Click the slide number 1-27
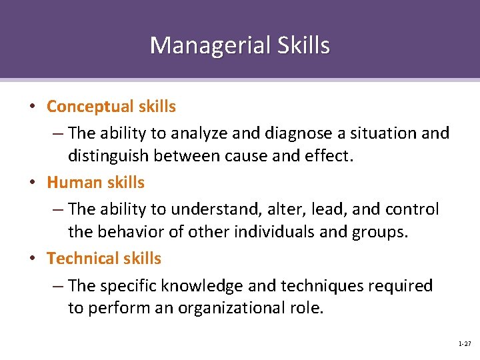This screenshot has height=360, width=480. point(465,343)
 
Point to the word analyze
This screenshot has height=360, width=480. point(196,133)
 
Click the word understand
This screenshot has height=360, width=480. point(213,209)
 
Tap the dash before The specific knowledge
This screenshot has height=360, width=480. point(58,286)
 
